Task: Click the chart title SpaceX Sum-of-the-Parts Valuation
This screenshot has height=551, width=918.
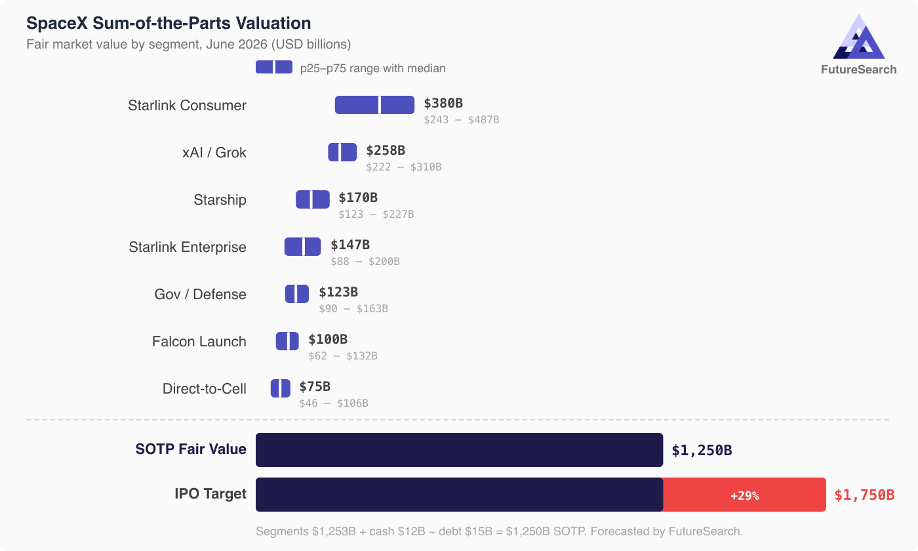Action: [x=169, y=23]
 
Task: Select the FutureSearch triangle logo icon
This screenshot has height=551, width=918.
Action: [x=858, y=39]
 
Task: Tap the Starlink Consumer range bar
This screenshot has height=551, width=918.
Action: [x=374, y=105]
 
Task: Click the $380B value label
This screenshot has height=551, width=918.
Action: [x=443, y=103]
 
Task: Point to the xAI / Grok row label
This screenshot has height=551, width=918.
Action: [x=214, y=153]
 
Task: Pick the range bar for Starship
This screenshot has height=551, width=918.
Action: [x=313, y=199]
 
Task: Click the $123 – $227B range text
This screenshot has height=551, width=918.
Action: [x=376, y=214]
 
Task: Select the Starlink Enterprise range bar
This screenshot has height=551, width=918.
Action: [x=302, y=247]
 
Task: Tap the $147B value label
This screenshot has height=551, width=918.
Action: [x=350, y=245]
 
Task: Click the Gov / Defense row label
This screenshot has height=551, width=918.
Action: [x=200, y=295]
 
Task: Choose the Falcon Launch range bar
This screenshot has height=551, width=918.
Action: [x=287, y=341]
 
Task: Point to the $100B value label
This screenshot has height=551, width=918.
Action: [x=328, y=339]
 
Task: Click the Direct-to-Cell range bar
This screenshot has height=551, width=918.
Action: [x=280, y=388]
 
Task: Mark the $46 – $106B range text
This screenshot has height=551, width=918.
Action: [x=333, y=403]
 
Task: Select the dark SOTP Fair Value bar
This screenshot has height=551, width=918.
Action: [x=459, y=450]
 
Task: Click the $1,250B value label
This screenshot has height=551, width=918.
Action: [x=702, y=451]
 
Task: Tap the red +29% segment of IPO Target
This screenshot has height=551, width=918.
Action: [x=744, y=495]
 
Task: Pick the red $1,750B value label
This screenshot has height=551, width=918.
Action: [x=864, y=495]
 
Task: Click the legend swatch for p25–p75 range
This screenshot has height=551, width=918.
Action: [x=274, y=67]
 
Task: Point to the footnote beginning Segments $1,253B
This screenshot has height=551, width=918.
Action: [x=499, y=531]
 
